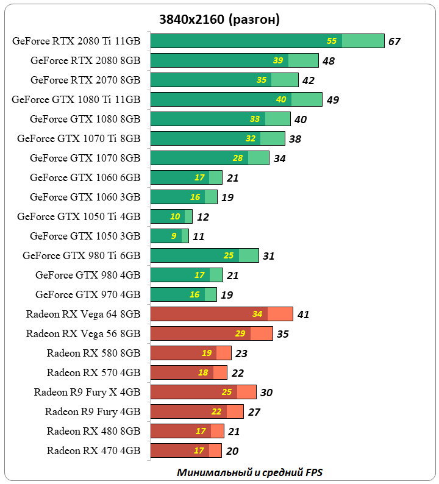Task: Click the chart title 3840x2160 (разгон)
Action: point(220,19)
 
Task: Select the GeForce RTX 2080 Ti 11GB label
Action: point(76,41)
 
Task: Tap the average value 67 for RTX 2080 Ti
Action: point(394,41)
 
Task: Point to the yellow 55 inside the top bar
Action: point(332,41)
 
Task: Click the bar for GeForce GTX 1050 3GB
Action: point(170,236)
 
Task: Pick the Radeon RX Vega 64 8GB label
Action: point(84,314)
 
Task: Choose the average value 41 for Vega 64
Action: point(304,315)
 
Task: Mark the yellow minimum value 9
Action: point(174,236)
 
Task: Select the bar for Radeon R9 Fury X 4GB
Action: point(203,392)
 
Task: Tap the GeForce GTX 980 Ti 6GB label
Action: point(82,255)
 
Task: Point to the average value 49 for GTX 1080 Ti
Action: point(332,100)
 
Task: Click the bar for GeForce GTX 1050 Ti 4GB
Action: point(171,216)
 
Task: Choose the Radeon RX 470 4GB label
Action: point(94,450)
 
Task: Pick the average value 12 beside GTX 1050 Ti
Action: point(203,217)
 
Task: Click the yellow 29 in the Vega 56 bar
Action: point(240,333)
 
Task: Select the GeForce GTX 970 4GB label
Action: point(88,294)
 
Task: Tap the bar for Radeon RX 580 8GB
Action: point(191,353)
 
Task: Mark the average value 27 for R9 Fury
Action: point(254,412)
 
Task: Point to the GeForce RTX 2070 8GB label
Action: point(85,80)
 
